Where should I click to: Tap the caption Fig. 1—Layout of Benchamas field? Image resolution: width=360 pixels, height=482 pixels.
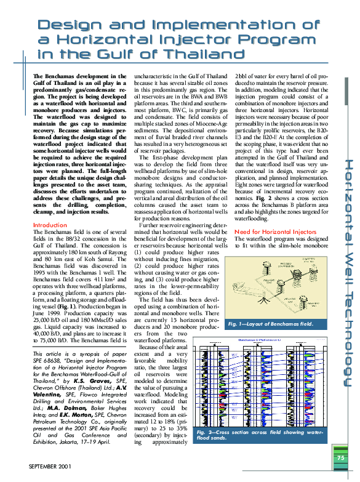pyautogui.click(x=270, y=324)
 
